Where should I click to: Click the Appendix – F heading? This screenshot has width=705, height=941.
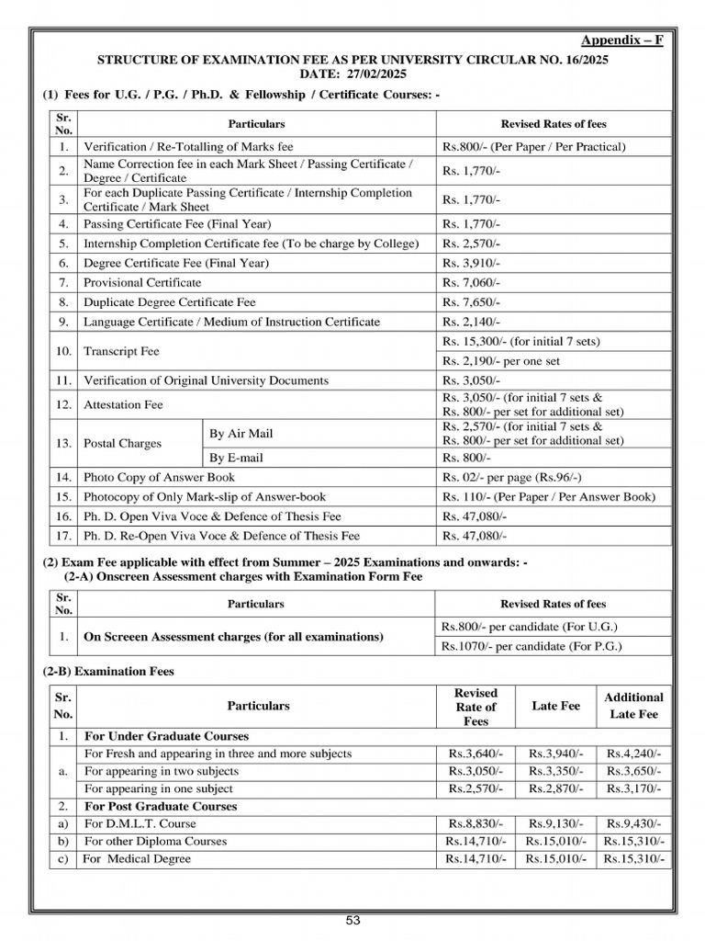(622, 40)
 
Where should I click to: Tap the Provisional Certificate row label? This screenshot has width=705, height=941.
(142, 282)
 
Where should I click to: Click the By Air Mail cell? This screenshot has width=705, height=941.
(241, 433)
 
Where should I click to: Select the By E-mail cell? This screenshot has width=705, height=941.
(236, 458)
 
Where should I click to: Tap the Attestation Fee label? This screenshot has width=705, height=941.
(121, 404)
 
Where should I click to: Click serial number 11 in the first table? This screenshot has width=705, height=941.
(62, 380)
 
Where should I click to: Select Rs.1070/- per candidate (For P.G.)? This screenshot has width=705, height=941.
(532, 646)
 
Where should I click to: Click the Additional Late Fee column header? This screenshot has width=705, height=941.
(633, 706)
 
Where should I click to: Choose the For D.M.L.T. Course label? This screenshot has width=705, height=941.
(140, 823)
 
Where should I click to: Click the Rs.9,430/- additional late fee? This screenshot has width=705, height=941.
(633, 823)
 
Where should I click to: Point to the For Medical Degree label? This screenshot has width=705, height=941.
(137, 858)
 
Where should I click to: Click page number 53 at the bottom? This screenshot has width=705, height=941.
(352, 921)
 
